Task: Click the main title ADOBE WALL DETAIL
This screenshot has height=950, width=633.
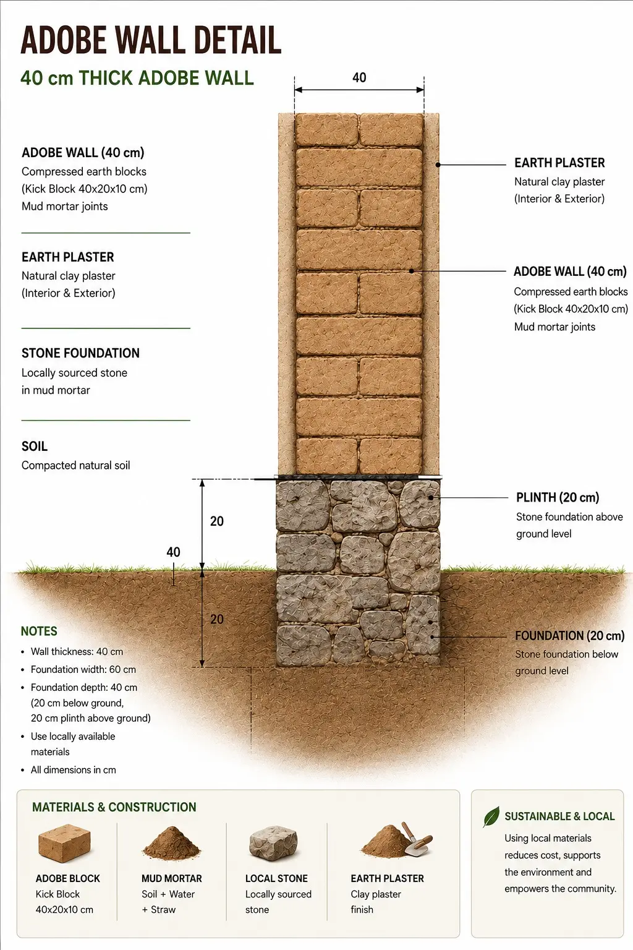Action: point(151,40)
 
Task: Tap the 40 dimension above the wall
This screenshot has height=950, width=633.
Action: point(359,77)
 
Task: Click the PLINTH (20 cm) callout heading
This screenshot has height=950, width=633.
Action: point(558,497)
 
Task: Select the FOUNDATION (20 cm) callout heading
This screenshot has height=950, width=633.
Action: point(570,636)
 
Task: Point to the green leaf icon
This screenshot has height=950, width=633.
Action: point(491,816)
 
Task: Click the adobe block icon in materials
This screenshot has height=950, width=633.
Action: point(64,843)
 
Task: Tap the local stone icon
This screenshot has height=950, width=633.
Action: point(273,842)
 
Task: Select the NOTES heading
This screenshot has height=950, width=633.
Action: point(39,631)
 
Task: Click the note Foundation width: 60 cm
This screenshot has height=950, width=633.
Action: point(83,670)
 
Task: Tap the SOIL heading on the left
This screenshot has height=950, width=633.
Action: point(35,446)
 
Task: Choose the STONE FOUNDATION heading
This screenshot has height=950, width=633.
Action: point(80,353)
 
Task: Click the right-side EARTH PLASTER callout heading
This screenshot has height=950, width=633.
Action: point(559,163)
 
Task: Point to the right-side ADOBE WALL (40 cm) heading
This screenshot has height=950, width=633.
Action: point(570,272)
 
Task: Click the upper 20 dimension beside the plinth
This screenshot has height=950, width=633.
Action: point(216,521)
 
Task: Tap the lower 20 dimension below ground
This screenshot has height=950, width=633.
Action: point(216,619)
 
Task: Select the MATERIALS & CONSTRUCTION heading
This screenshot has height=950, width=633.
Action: point(114,807)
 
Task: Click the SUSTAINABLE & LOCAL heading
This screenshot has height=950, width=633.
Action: point(559,816)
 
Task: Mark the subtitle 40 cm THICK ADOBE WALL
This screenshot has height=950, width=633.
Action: point(137,78)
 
